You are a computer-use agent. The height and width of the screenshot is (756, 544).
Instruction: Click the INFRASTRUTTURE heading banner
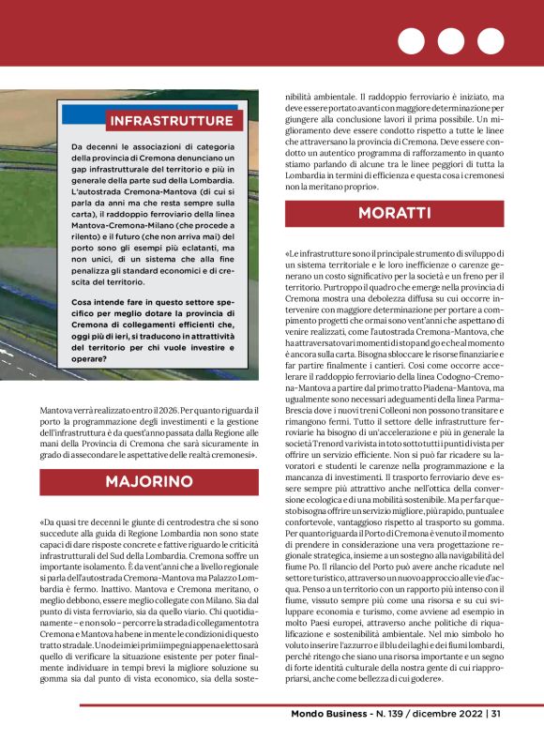(170, 120)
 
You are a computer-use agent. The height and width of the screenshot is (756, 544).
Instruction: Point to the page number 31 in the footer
(495, 738)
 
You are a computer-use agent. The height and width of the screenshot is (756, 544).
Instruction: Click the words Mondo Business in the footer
(330, 738)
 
